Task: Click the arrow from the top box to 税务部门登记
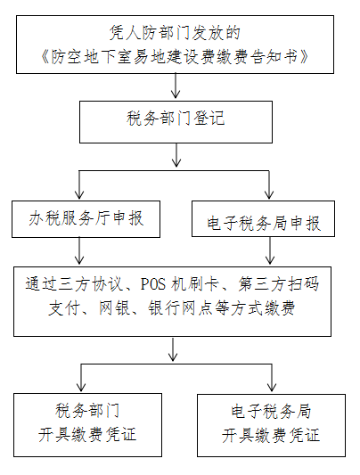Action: point(176,86)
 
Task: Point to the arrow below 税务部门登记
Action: point(176,155)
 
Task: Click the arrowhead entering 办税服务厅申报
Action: point(79,194)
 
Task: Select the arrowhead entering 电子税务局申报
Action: point(269,194)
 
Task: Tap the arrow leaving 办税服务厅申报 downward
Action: point(79,250)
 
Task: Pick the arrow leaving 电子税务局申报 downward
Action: point(270,250)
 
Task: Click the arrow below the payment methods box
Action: point(173,349)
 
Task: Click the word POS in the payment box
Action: point(153,284)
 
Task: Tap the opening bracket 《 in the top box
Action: point(45,57)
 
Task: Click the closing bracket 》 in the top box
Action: point(304,57)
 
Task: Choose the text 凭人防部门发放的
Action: point(175,33)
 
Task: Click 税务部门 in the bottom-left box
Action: point(87,411)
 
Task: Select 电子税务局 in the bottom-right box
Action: point(271,411)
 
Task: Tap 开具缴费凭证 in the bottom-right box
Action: point(271,435)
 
